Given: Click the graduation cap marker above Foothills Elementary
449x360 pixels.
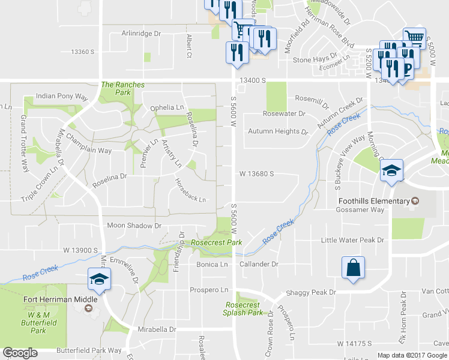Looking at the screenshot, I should click(391, 170).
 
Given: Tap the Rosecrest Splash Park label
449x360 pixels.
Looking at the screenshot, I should click(243, 308).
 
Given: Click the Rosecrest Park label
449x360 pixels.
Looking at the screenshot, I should click(216, 242).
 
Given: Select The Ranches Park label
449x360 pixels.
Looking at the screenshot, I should click(123, 85).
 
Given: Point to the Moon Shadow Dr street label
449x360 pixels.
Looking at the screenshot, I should click(134, 226).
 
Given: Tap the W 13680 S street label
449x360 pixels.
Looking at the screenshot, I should click(256, 173).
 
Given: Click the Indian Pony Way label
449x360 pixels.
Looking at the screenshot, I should click(62, 96).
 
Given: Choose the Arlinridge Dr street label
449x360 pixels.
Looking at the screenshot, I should click(142, 34).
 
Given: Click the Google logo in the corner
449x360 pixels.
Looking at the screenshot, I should click(20, 353).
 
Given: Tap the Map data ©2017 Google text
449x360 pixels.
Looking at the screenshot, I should click(412, 355).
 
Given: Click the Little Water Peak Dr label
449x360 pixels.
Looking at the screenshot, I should click(352, 240).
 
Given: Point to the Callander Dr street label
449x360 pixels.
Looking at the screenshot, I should click(259, 264).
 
